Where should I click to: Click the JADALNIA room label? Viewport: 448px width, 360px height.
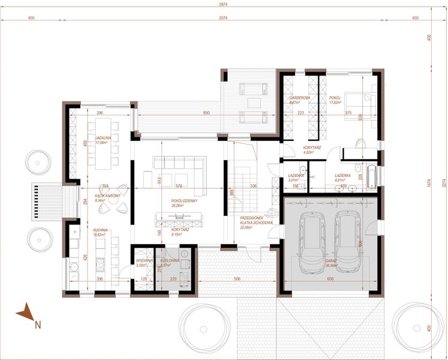tap(98, 140)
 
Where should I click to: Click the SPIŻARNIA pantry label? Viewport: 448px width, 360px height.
tap(143, 262)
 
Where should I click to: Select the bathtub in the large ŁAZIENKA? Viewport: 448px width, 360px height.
tap(372, 175)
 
